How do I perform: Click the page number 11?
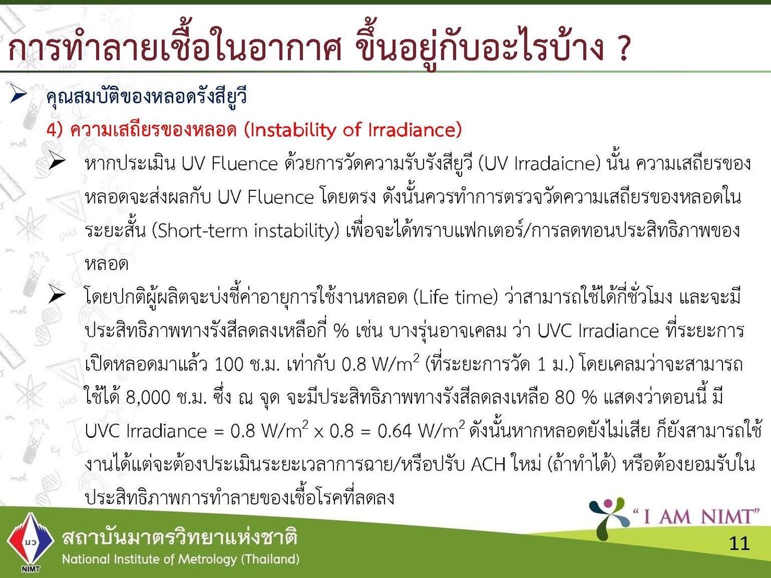click(739, 544)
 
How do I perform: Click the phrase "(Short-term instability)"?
click(246, 231)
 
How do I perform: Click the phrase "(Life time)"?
click(455, 297)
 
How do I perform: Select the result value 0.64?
click(395, 431)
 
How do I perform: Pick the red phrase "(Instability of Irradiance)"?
click(353, 130)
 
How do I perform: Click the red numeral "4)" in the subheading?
click(54, 130)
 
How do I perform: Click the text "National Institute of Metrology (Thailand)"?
click(180, 559)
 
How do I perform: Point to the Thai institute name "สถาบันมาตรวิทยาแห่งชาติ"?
click(179, 536)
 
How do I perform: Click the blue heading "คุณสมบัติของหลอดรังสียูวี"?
click(147, 97)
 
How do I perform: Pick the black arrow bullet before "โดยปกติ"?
click(57, 294)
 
